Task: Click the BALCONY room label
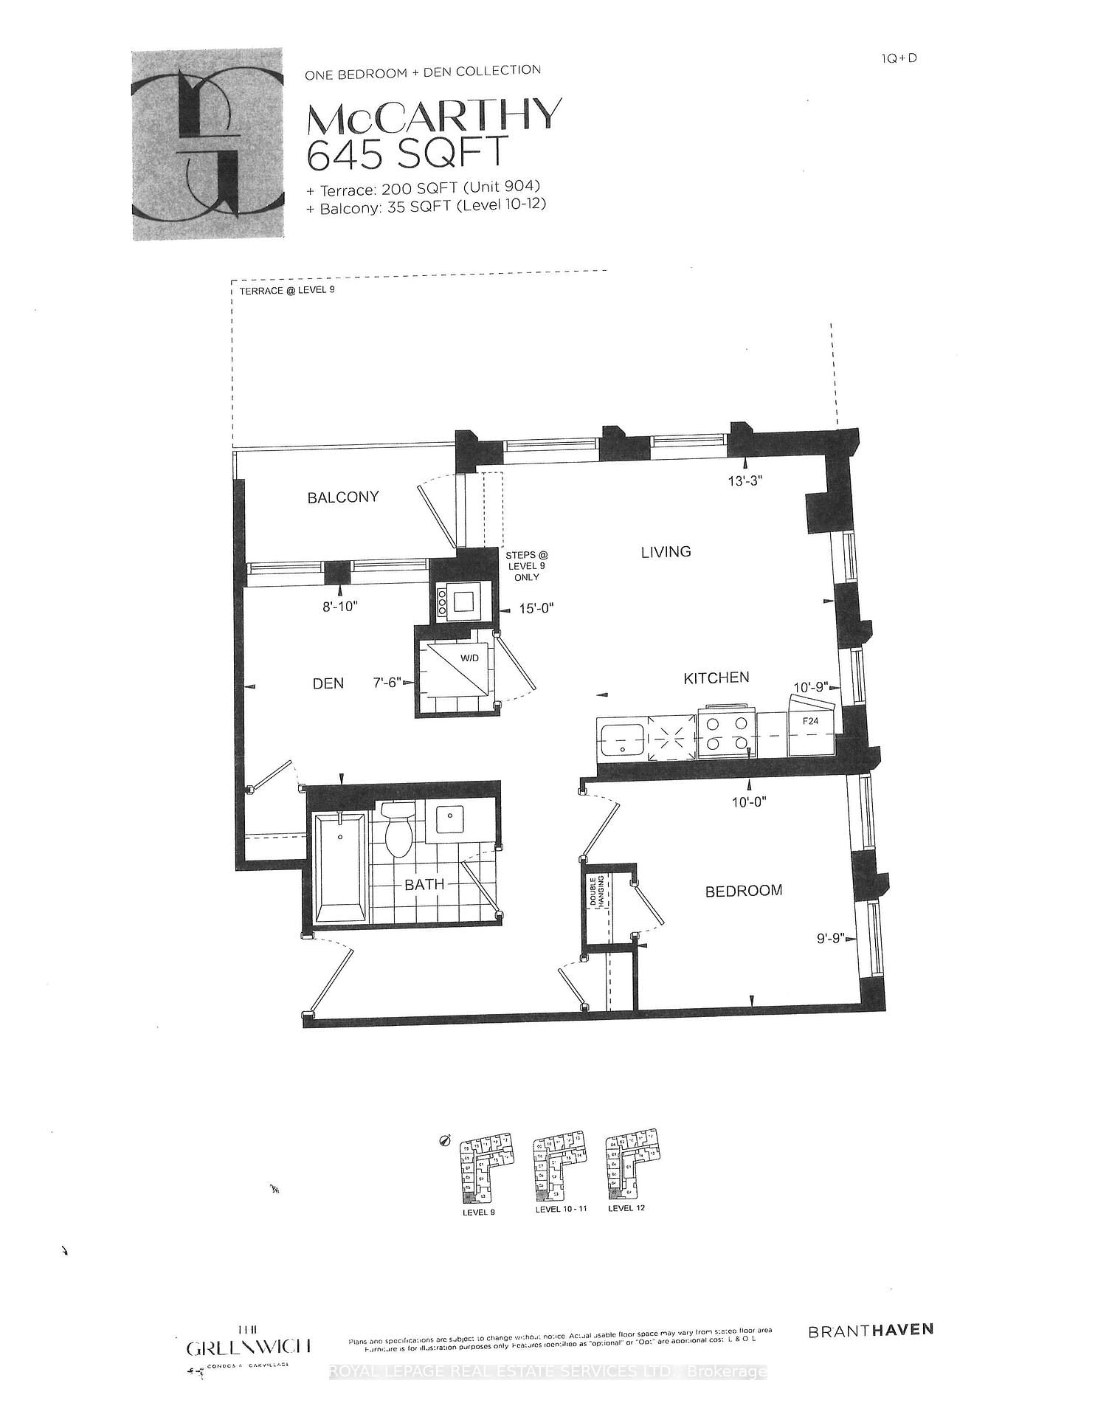tap(343, 497)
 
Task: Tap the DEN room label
tap(328, 683)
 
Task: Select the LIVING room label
tap(666, 552)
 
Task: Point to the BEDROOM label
tap(743, 891)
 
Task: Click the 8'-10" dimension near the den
tap(339, 607)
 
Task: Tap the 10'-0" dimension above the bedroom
tap(749, 802)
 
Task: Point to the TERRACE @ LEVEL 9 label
tap(286, 291)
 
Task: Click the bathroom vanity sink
tap(450, 818)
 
